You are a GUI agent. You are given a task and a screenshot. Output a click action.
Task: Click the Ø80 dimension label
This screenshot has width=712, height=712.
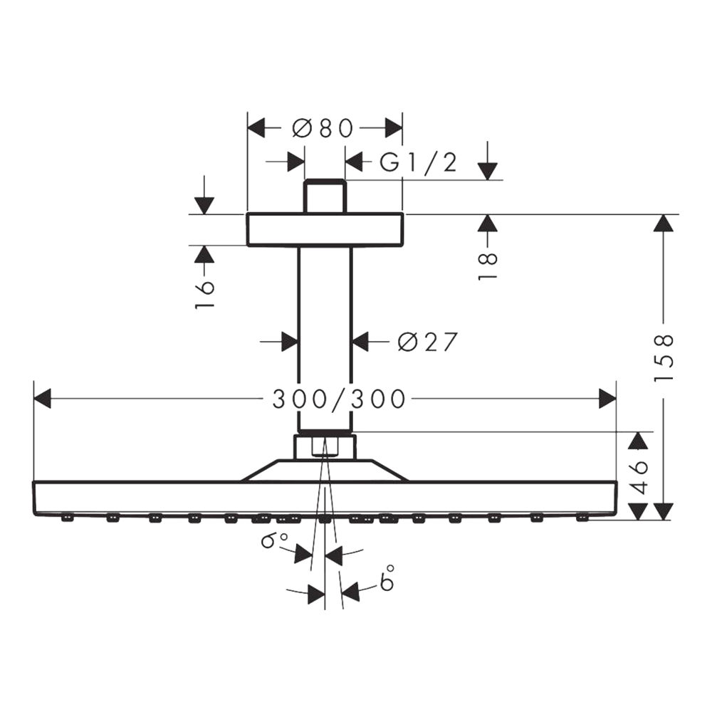click(323, 128)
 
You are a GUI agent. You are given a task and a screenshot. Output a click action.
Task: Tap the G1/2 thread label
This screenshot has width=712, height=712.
click(418, 162)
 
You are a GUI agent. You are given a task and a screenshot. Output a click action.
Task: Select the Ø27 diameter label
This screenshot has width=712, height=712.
click(427, 342)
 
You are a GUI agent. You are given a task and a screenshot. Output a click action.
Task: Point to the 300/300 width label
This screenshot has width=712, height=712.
click(338, 399)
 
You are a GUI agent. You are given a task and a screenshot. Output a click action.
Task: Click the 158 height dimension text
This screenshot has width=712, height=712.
click(664, 359)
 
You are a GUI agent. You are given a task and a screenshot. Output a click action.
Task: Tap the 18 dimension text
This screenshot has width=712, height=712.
click(488, 266)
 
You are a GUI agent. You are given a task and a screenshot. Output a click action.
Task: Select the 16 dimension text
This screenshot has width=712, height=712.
click(204, 295)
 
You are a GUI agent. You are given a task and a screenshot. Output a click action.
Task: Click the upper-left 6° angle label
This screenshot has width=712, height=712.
click(274, 540)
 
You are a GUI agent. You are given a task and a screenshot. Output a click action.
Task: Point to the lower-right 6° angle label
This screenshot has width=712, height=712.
click(387, 577)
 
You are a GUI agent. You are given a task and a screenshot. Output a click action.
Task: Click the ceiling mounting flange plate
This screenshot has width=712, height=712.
click(325, 230)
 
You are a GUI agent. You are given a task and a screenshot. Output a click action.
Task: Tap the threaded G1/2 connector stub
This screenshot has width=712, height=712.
click(325, 197)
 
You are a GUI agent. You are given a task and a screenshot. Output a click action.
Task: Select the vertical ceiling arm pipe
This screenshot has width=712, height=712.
click(325, 339)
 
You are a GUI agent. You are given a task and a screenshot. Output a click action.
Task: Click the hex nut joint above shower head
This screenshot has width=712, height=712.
click(325, 447)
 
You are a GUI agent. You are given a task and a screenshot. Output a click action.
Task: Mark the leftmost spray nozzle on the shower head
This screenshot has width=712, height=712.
click(67, 517)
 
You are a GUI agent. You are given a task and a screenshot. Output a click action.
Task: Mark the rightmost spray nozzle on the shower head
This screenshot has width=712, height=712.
click(582, 517)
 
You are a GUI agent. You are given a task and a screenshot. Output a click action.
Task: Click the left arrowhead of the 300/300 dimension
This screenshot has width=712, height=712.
click(42, 398)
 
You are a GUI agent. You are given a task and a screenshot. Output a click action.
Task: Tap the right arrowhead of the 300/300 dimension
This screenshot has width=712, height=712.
click(607, 398)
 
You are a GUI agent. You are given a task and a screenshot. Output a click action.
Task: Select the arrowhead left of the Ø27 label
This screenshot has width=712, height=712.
click(290, 342)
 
